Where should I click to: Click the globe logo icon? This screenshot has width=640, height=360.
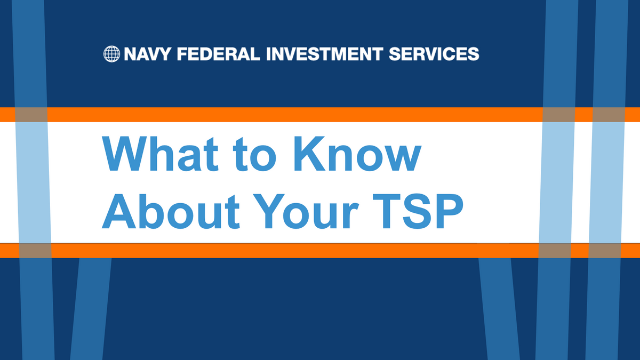point(111,54)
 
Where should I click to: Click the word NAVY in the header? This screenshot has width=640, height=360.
point(147,54)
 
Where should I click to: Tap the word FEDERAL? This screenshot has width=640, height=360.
point(219,54)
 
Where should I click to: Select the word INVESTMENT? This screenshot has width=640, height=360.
point(324,54)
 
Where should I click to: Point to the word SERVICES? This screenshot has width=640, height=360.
point(434,54)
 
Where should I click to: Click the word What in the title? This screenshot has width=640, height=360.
point(160,154)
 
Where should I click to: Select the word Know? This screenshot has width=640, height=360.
point(358,154)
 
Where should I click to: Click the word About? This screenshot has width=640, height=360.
point(171,211)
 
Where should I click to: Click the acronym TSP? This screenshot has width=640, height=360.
point(418,211)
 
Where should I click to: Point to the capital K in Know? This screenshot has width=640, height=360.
point(310,154)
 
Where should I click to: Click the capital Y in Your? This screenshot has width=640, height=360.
point(269,211)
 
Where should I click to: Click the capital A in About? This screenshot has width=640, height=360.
point(119,211)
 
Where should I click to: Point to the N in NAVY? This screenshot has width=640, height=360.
point(130,54)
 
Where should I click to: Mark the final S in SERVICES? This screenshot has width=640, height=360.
point(474,54)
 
